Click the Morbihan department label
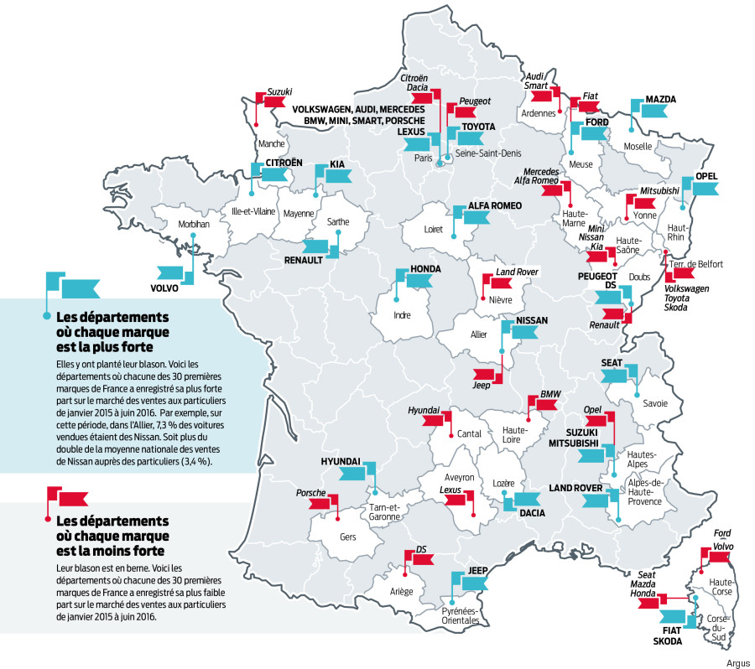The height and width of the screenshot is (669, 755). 195,225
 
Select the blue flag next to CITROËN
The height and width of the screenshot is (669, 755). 270,174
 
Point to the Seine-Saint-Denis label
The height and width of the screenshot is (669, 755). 487,155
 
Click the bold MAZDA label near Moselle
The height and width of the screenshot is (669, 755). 660,100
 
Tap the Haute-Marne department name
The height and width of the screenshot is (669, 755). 571,220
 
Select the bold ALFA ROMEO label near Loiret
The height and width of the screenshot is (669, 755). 496,206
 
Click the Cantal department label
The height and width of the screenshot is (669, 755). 470,434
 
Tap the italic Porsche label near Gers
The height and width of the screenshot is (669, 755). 310,493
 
